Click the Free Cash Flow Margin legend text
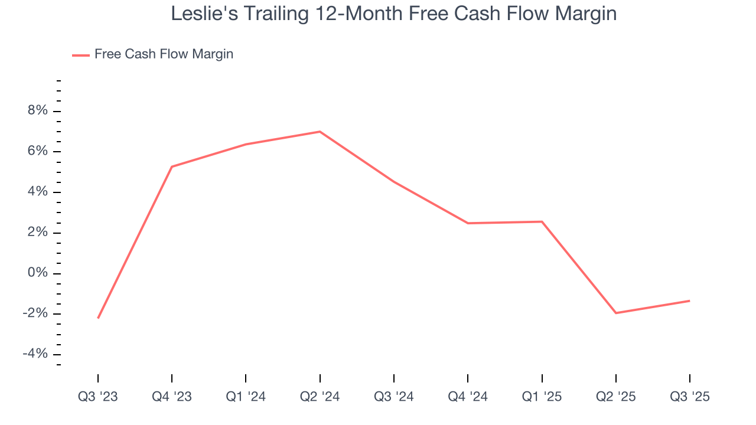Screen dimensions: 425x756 (x=164, y=54)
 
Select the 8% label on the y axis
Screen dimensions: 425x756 (x=35, y=111)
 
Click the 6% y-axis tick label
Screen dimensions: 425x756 (x=35, y=152)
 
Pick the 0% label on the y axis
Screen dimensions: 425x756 (x=35, y=273)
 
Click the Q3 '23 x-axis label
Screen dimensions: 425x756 (x=98, y=397)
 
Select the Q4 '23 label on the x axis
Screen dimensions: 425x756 (x=172, y=397)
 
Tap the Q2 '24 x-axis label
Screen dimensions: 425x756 (x=320, y=397)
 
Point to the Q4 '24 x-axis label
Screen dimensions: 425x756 (x=468, y=397)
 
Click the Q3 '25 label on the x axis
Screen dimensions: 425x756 (x=690, y=397)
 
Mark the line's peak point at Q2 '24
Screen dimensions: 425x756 (x=320, y=132)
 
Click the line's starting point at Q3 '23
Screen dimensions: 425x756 (x=98, y=318)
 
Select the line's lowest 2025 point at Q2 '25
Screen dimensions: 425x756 (x=616, y=313)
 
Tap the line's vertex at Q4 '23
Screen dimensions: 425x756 (x=172, y=166)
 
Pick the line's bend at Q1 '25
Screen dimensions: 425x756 (x=542, y=221)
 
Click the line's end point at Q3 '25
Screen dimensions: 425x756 (x=690, y=300)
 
